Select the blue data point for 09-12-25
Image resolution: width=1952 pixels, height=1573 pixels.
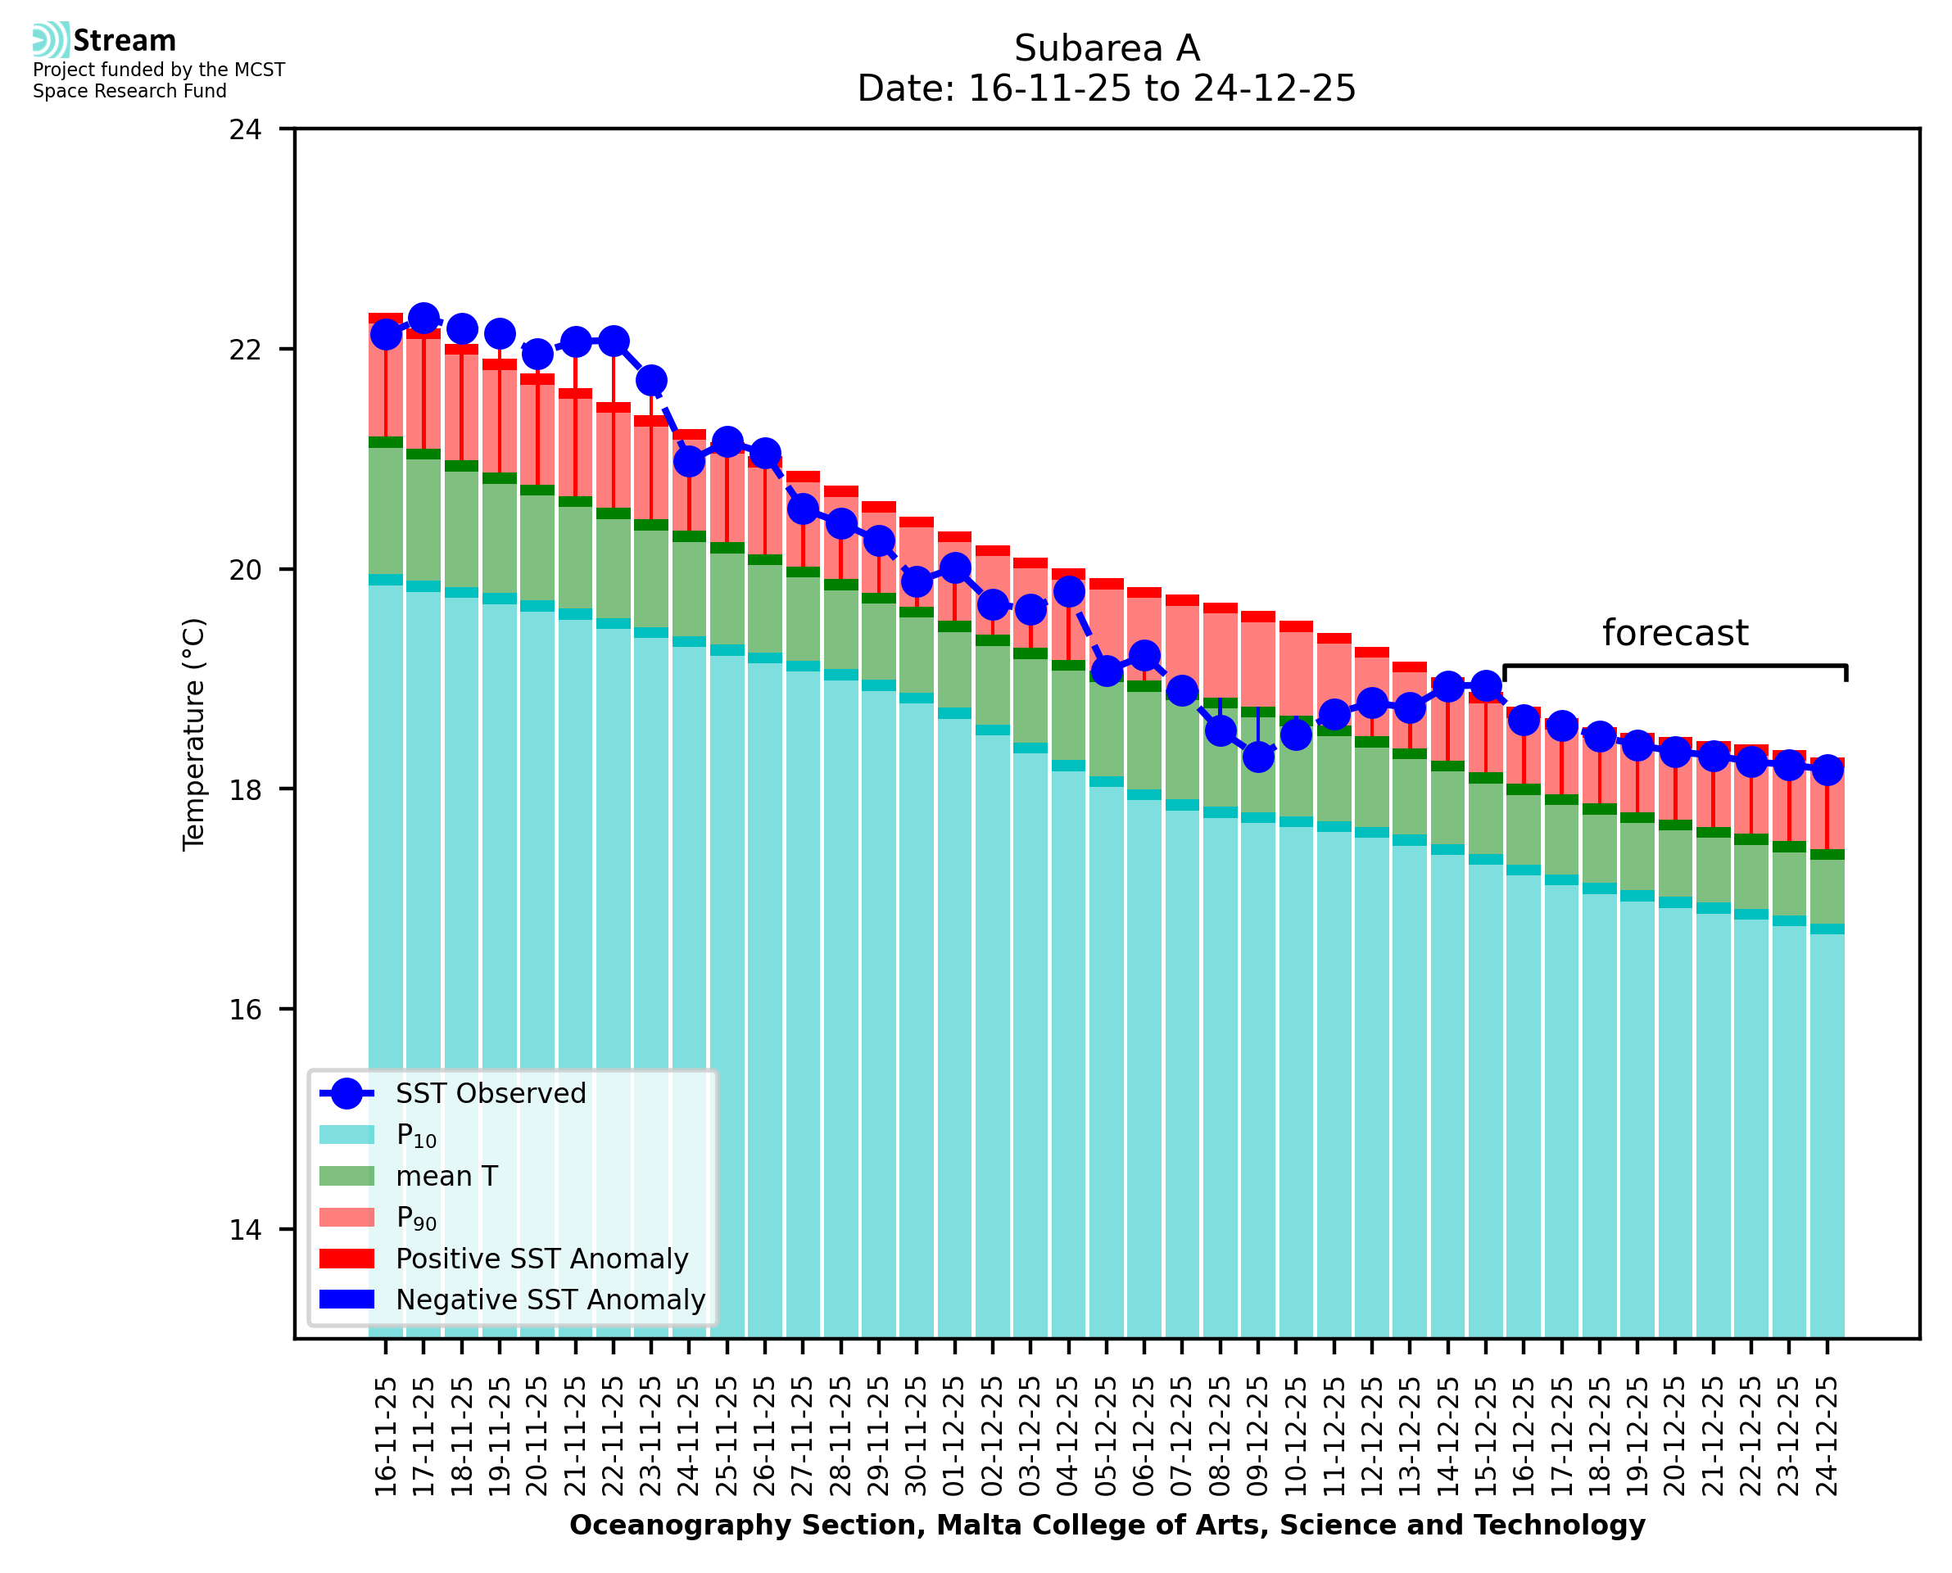pos(1258,756)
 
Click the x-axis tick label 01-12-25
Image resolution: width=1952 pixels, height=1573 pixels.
pos(954,1437)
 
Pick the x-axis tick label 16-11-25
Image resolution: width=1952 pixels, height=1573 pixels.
pos(386,1437)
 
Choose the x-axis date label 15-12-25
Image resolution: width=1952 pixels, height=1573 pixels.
pos(1485,1437)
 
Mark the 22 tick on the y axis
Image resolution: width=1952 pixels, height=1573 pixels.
pos(245,350)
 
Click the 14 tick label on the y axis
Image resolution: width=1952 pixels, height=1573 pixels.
pos(245,1230)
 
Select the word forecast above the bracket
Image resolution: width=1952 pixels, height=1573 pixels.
pos(1674,632)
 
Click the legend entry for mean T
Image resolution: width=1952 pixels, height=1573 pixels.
pos(446,1176)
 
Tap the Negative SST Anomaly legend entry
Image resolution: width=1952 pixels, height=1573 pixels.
pos(550,1300)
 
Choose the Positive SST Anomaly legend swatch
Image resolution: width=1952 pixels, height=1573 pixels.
pos(347,1259)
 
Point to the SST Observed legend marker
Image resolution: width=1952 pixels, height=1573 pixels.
pos(347,1094)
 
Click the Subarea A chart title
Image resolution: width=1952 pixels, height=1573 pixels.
pos(1107,48)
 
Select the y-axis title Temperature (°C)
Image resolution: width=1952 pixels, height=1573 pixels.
pos(194,734)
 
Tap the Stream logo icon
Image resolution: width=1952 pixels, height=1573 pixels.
pos(51,40)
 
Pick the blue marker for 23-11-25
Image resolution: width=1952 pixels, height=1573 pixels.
pos(650,381)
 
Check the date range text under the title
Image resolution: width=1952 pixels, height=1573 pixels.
pos(1107,88)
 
